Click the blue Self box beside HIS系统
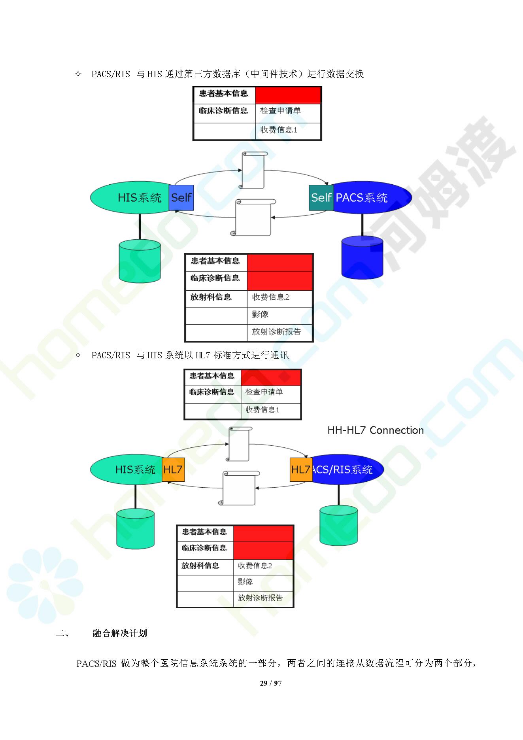pos(181,197)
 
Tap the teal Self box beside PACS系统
pos(321,197)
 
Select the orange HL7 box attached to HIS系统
pos(173,469)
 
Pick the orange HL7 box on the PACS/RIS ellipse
pos(301,469)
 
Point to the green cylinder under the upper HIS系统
pos(140,261)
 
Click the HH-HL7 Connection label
pos(376,430)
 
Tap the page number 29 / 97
pos(271,683)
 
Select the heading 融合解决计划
pos(120,633)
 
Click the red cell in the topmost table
pos(288,95)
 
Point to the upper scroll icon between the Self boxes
pos(253,170)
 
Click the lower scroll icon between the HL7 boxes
pos(238,488)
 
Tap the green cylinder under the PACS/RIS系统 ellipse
pos(338,526)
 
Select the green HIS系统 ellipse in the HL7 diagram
pos(127,469)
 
